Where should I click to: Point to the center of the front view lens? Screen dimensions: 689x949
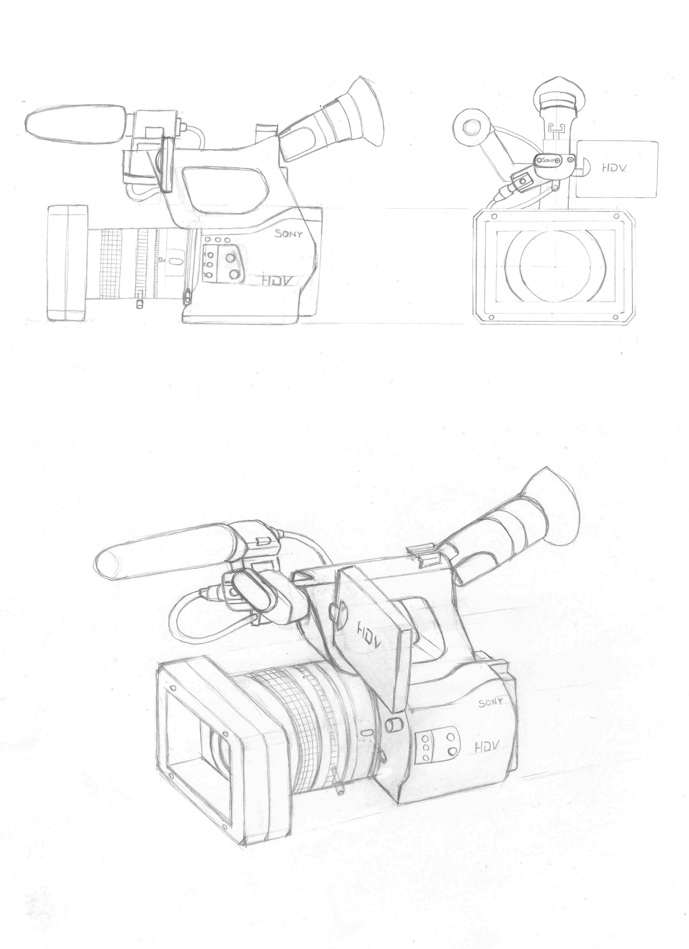click(555, 266)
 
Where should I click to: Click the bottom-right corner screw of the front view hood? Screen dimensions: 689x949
click(617, 315)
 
